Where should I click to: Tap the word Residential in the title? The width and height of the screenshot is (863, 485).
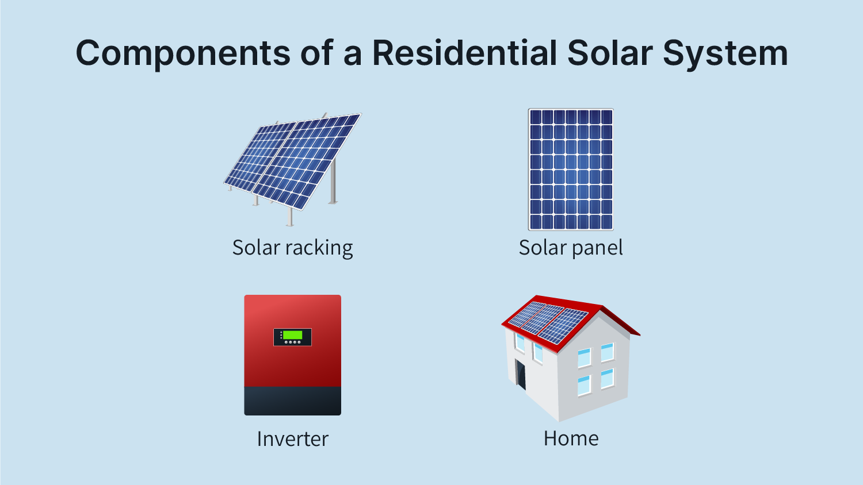coord(465,52)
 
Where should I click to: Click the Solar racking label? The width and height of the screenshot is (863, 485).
coord(292,248)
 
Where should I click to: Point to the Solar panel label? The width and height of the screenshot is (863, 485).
coord(571,248)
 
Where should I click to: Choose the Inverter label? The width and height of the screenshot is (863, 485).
coord(292,439)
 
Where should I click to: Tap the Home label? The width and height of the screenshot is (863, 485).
coord(571,438)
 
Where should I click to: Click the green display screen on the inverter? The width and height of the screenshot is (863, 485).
coord(292,334)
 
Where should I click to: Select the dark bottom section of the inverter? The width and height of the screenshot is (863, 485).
coord(292,401)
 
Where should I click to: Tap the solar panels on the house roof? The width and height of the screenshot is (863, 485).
coord(548,322)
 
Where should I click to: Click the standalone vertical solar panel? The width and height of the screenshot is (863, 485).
coord(571,170)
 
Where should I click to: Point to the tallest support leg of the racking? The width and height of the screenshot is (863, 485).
coord(333,180)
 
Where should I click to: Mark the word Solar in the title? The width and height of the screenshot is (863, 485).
coord(610,52)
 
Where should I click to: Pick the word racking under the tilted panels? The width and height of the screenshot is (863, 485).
coord(319,248)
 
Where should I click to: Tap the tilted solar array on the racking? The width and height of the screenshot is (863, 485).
coord(293,161)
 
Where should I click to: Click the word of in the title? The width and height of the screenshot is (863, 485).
coord(317,52)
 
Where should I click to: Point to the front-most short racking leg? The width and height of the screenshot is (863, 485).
coord(290,216)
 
